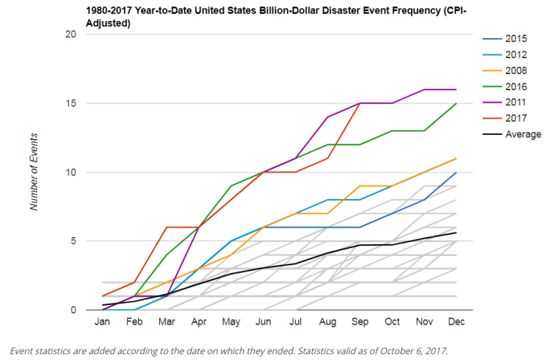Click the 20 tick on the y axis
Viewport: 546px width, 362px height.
(x=70, y=34)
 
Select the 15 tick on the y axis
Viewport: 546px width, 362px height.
(x=70, y=104)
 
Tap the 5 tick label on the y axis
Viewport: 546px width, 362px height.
(x=73, y=241)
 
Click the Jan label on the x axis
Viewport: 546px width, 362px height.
(x=102, y=321)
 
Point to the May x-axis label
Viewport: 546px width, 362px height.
(x=231, y=321)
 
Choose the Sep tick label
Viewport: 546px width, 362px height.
(x=360, y=321)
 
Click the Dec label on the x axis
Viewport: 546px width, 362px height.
(x=456, y=321)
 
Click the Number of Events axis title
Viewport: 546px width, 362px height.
(x=34, y=172)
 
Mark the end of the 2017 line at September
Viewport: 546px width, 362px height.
(x=360, y=103)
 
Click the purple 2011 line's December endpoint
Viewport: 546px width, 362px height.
(x=456, y=90)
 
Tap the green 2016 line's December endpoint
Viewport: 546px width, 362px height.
(x=456, y=103)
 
